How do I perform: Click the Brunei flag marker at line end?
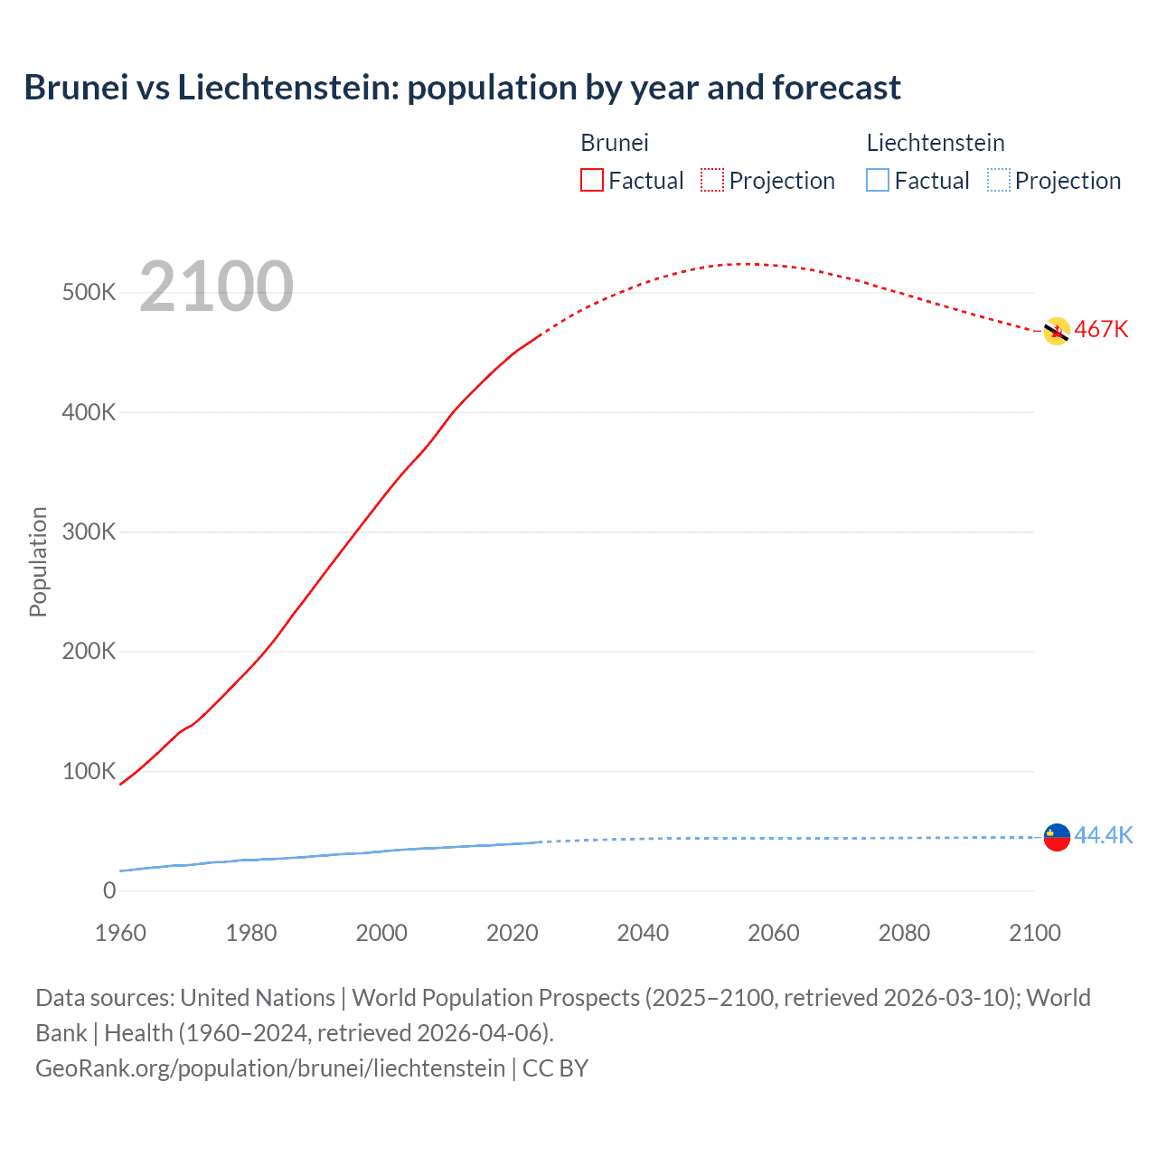point(1056,332)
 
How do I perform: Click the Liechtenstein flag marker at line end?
point(1056,837)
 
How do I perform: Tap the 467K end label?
point(1101,330)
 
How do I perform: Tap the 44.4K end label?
point(1103,835)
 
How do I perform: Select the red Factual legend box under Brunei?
point(591,180)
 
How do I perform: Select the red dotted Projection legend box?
point(712,180)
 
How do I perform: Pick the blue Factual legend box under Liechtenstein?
point(877,180)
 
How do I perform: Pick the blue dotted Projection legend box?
point(998,180)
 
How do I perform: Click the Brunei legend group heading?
point(614,143)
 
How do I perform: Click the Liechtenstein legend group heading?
point(935,143)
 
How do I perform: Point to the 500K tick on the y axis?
point(89,293)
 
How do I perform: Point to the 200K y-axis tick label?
point(89,652)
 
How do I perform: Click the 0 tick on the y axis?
point(109,891)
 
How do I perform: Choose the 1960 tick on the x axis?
point(120,933)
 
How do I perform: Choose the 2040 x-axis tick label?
point(643,933)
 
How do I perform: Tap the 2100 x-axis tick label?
point(1034,933)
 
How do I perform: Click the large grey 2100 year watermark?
point(216,287)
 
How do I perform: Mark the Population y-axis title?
point(38,561)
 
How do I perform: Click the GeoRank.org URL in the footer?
point(269,1068)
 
